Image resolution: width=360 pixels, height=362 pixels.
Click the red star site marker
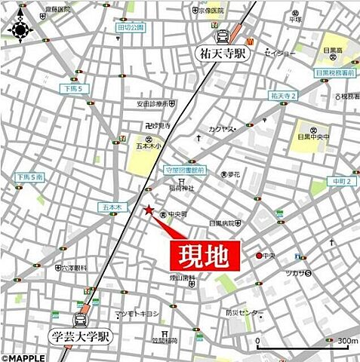click(x=149, y=210)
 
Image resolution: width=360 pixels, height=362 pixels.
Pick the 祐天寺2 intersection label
click(x=283, y=96)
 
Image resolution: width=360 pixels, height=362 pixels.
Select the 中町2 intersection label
click(x=340, y=181)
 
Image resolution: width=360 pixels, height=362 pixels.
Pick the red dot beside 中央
click(x=259, y=256)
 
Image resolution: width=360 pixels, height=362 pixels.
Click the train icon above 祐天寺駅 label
click(x=223, y=36)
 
